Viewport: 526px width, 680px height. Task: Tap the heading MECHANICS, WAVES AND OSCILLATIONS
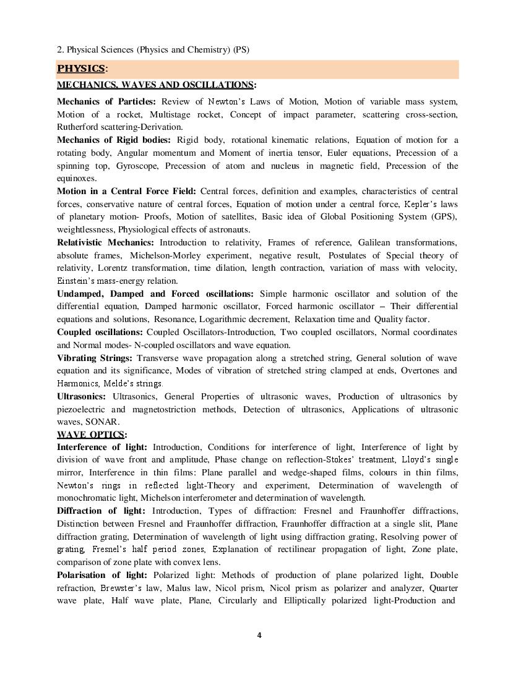[x=155, y=85]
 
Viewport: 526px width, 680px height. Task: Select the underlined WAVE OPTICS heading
[x=90, y=435]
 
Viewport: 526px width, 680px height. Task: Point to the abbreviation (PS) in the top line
[x=241, y=49]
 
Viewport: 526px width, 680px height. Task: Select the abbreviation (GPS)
[x=442, y=216]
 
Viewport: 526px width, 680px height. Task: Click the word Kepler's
[x=421, y=204]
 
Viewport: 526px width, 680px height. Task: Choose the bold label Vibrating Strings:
[x=95, y=358]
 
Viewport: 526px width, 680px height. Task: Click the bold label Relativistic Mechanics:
[x=106, y=242]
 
